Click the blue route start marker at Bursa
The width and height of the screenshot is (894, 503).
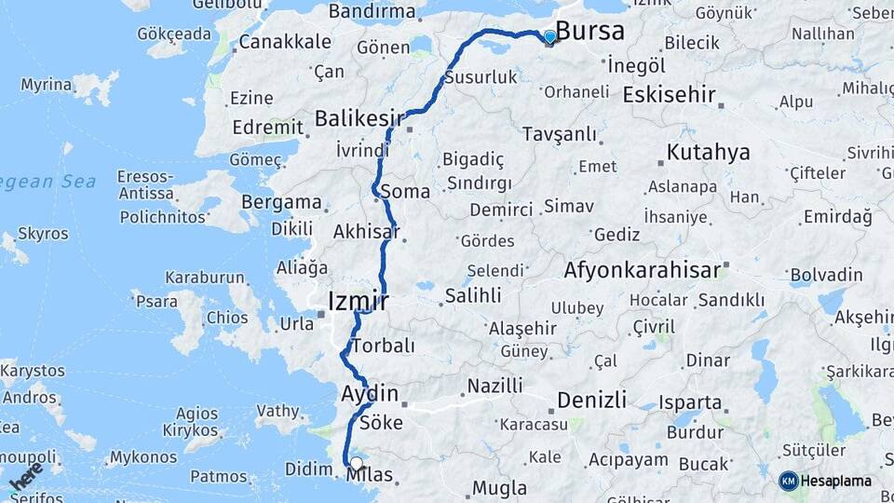[x=549, y=37]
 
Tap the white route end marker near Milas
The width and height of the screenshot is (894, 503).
[x=356, y=463]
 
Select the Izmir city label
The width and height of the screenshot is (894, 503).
[x=358, y=301]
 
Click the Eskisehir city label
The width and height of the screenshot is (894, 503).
[x=669, y=94]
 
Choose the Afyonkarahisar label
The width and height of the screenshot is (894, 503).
[x=642, y=271]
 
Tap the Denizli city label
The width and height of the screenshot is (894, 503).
[x=591, y=401]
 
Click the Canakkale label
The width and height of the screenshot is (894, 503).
[x=284, y=42]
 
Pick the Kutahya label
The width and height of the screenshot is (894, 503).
[x=708, y=152]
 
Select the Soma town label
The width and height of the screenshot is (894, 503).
[x=405, y=192]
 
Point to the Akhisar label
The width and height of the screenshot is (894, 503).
[x=365, y=232]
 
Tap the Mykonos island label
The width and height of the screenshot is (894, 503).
[x=142, y=457]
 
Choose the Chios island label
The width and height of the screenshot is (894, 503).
[x=227, y=317]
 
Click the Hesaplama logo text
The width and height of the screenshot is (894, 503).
[x=836, y=482]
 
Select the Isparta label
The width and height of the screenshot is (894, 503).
[x=689, y=403]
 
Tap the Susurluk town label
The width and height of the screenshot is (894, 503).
[x=481, y=77]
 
